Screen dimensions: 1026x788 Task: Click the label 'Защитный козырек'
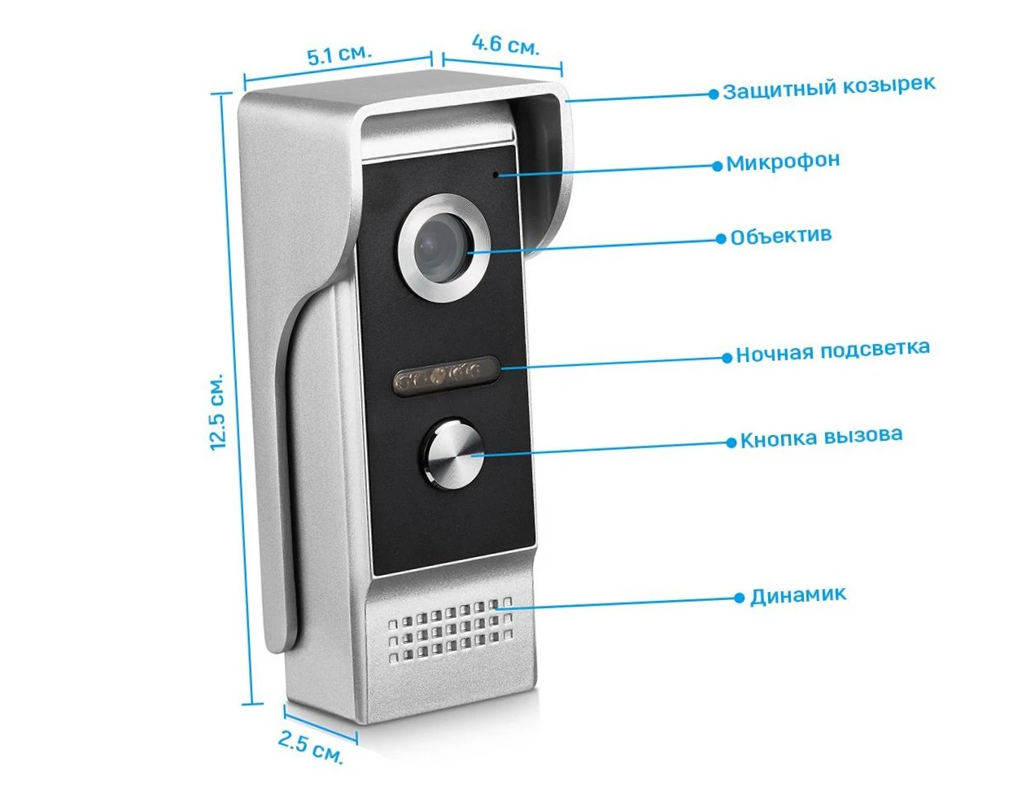click(828, 87)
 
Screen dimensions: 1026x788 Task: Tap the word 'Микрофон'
click(782, 162)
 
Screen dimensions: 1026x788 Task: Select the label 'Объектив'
click(780, 236)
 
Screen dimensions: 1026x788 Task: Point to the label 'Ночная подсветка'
click(832, 350)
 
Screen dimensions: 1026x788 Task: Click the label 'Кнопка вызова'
click(821, 438)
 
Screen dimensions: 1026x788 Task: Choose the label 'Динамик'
click(797, 595)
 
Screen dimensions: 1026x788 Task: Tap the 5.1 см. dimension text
click(338, 54)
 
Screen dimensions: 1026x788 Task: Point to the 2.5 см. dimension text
click(311, 747)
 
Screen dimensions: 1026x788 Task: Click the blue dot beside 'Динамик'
click(739, 598)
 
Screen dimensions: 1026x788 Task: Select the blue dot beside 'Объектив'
click(721, 238)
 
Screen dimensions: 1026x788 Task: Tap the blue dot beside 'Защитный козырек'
click(714, 94)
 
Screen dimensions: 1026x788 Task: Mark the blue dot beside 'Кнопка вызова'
click(731, 442)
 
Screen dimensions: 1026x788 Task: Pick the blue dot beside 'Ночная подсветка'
click(727, 357)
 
